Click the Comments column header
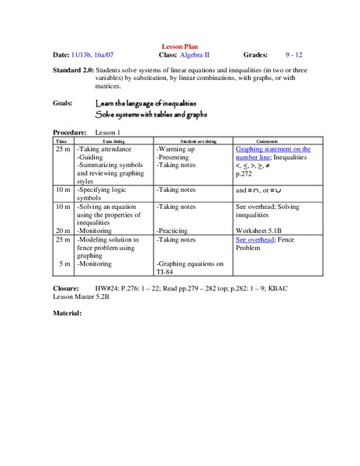272,141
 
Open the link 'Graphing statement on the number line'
272,153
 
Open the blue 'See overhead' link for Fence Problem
255,241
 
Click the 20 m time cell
63,231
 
